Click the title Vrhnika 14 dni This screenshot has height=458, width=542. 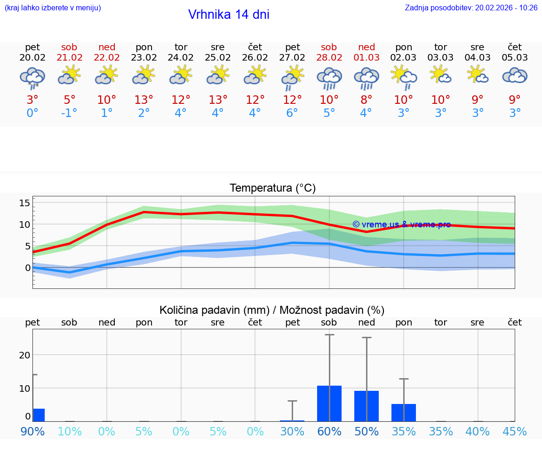coord(229,15)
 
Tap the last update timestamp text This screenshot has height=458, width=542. coord(471,8)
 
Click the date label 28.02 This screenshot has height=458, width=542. coord(329,58)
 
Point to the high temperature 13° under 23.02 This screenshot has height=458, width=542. coord(144,100)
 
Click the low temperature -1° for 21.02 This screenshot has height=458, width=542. coord(69,113)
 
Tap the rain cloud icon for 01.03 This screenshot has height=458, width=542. coord(367,78)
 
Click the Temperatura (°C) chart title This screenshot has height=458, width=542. coord(272,188)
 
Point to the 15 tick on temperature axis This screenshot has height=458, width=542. coord(24,203)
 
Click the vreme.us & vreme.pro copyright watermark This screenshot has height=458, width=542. coord(401,225)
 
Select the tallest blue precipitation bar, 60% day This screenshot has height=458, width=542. coord(329,403)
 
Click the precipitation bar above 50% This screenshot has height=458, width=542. coord(367,406)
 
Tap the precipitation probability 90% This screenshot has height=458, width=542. coord(32,431)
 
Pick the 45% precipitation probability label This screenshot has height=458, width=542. coord(515,431)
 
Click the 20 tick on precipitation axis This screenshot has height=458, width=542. coord(24,355)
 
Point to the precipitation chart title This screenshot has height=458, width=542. coord(272,310)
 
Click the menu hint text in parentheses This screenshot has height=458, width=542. coord(52,8)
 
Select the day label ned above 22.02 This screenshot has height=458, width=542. coord(107,47)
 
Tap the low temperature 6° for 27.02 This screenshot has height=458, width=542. coord(292,113)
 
